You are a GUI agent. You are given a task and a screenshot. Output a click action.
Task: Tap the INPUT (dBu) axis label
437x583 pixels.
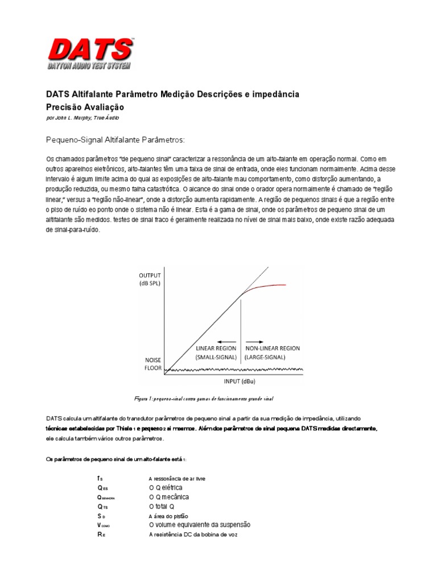click(244, 381)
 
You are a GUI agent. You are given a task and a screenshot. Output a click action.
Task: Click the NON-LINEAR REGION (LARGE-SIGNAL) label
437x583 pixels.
click(272, 352)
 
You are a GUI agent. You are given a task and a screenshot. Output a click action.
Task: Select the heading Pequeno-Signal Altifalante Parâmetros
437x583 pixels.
click(115, 139)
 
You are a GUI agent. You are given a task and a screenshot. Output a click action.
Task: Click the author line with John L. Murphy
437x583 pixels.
click(82, 118)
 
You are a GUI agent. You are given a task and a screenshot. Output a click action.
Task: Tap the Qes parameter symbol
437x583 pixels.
click(102, 488)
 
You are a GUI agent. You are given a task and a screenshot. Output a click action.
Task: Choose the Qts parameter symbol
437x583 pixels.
click(102, 506)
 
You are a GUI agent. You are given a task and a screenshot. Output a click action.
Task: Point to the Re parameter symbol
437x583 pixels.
click(101, 534)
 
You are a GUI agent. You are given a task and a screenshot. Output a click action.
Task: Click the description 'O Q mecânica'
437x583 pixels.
click(168, 497)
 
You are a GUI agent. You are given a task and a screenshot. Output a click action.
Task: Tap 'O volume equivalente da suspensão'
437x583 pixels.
click(199, 524)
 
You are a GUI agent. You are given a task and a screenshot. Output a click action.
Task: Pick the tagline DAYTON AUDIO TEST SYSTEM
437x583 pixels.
click(89, 67)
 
